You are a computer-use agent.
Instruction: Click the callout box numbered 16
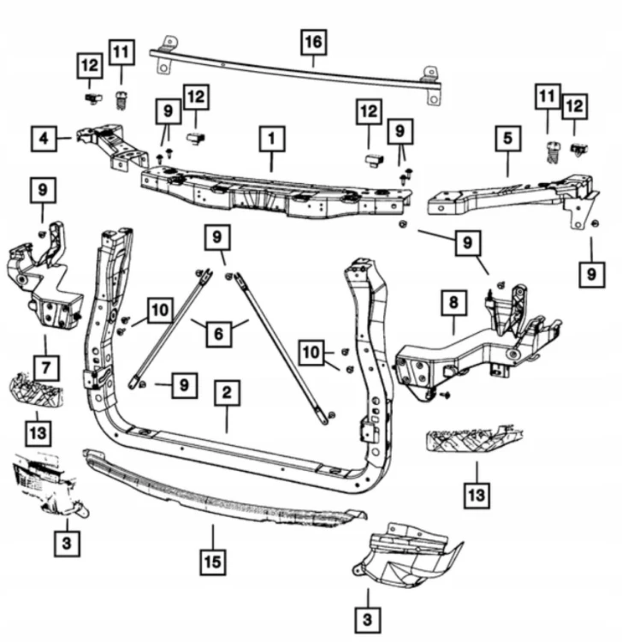tap(313, 42)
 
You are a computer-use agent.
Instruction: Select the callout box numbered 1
tap(272, 139)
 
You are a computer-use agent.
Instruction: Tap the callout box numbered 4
tap(44, 139)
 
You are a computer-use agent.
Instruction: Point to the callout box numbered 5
tap(507, 139)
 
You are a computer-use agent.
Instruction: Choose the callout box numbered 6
tap(218, 334)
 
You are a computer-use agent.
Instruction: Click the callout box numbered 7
tap(46, 368)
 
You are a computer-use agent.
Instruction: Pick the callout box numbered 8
tap(453, 303)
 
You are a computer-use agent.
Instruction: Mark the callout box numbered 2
tap(227, 393)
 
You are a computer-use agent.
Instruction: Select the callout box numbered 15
tap(213, 562)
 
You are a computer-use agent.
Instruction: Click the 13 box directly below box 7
tap(39, 433)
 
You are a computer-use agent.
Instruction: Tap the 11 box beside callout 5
tap(548, 97)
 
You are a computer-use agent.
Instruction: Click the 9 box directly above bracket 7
tap(43, 190)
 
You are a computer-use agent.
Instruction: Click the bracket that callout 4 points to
tap(111, 146)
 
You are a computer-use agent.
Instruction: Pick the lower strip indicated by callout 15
tap(224, 490)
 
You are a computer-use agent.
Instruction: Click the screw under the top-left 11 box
tap(121, 100)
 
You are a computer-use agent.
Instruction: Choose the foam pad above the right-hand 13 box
tap(475, 440)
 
